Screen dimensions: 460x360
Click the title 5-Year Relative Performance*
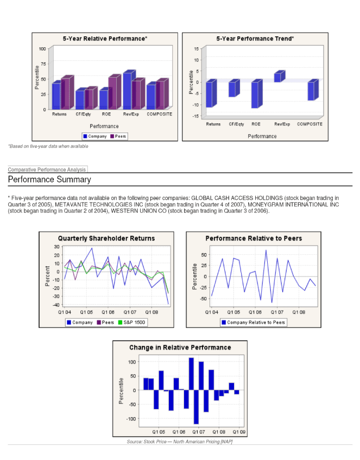click(105, 39)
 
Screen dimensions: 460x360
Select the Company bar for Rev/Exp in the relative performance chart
click(128, 91)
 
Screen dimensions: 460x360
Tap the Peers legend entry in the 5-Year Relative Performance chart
click(118, 136)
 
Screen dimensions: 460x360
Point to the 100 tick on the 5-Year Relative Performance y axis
click(42, 49)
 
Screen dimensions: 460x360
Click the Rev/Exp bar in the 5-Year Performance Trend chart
click(278, 77)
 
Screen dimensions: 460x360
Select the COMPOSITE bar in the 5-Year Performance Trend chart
click(311, 91)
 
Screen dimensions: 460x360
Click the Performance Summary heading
click(49, 180)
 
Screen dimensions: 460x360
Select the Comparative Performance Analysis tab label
click(47, 170)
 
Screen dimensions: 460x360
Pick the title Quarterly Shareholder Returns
click(106, 238)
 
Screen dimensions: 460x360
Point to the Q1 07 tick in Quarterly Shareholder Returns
click(130, 313)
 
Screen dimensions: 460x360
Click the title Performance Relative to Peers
click(254, 238)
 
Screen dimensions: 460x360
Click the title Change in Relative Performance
click(180, 348)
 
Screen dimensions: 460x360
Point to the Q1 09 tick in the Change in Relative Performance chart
click(239, 432)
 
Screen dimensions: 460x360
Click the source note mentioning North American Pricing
click(180, 442)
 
